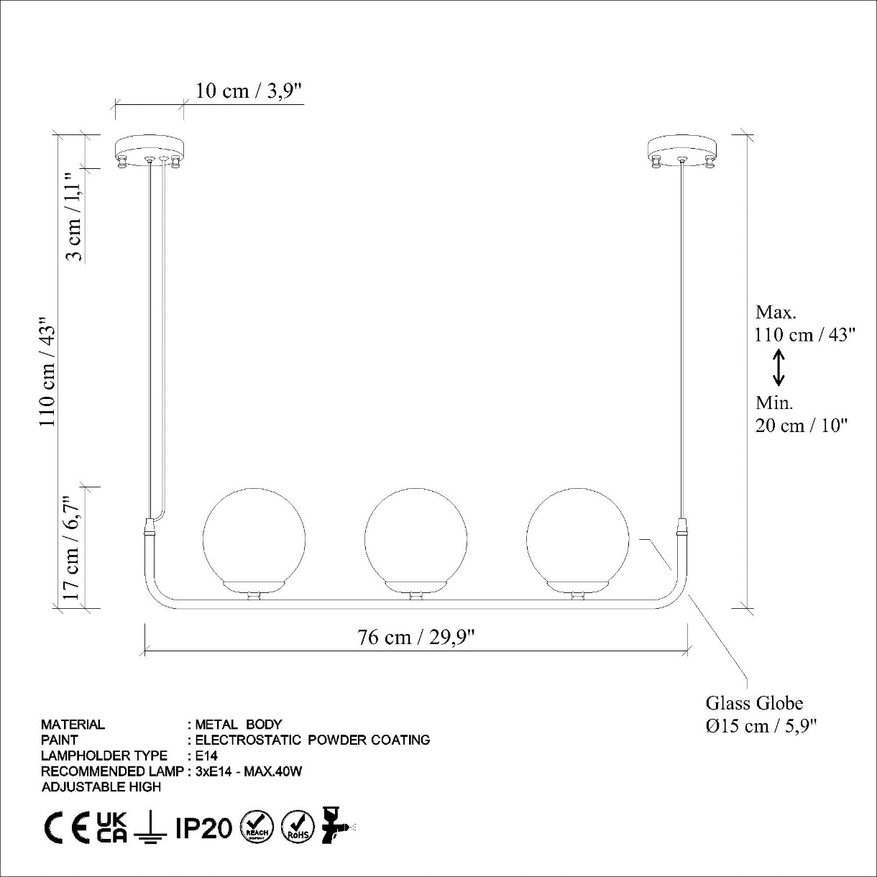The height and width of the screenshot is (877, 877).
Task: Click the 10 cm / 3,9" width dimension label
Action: click(249, 91)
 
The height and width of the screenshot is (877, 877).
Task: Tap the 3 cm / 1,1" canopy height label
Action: click(74, 216)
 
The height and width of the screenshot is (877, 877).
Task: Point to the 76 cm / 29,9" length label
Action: click(416, 637)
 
